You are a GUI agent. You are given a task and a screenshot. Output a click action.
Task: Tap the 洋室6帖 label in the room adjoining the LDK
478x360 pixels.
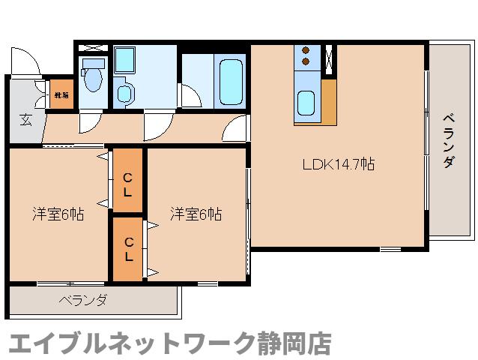coord(196,213)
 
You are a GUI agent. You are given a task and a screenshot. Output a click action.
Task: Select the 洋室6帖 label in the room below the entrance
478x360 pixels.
coord(58,213)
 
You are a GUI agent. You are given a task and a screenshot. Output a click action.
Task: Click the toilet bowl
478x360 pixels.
coord(93,78)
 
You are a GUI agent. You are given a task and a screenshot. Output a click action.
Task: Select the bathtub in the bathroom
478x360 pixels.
coord(229,80)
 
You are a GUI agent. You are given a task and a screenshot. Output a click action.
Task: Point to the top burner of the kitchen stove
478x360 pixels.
coord(306,51)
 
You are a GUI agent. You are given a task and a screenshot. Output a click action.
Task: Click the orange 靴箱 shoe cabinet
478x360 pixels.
coord(61,95)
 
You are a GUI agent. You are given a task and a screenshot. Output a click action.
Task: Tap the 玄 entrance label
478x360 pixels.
coord(25,118)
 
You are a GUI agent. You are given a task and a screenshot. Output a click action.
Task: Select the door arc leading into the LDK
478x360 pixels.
coord(238,130)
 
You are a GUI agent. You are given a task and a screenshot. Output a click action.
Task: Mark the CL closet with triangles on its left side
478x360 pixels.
coord(128,182)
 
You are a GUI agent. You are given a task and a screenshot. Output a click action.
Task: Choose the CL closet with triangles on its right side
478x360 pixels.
coord(128,247)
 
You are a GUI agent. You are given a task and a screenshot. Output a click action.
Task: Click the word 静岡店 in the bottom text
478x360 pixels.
coord(288,342)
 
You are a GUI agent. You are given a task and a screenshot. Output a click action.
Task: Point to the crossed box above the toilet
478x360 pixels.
coord(93,47)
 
